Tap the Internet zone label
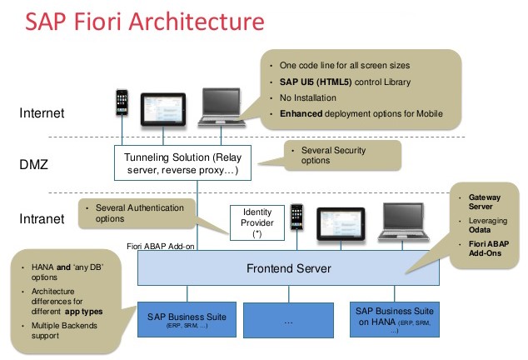click(48, 110)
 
